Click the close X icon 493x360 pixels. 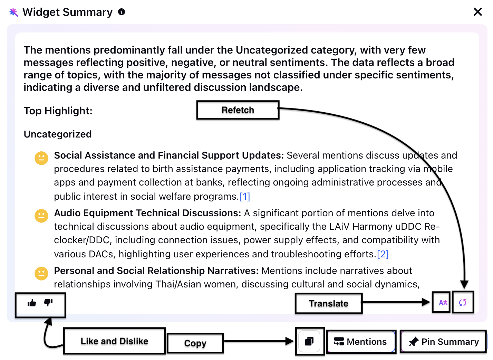[x=477, y=12]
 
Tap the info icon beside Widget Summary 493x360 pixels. [x=122, y=12]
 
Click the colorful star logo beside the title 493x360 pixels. [x=14, y=12]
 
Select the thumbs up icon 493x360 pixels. [x=32, y=303]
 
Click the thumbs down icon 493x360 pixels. [x=48, y=303]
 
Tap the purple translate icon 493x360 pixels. [x=443, y=303]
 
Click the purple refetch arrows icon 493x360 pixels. [x=463, y=303]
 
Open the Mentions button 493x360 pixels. [x=361, y=341]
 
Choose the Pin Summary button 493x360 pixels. [x=443, y=341]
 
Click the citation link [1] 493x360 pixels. [x=245, y=196]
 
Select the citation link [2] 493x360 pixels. [x=383, y=254]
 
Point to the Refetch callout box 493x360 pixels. [x=238, y=110]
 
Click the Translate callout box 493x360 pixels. [x=329, y=303]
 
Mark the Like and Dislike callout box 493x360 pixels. [x=115, y=341]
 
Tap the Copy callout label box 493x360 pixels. [x=195, y=343]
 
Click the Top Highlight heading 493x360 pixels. [x=58, y=111]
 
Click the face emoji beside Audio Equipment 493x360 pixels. [x=41, y=216]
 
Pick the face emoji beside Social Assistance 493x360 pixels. [x=41, y=158]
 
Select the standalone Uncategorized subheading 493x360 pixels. [x=58, y=134]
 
